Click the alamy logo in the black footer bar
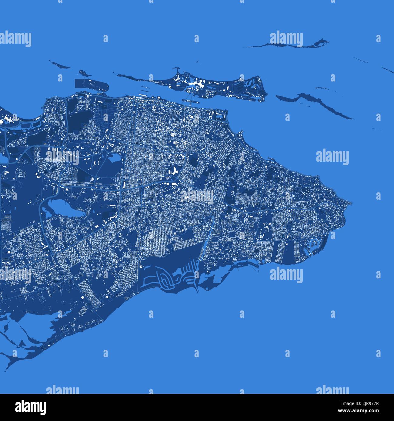tap(30, 407)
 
